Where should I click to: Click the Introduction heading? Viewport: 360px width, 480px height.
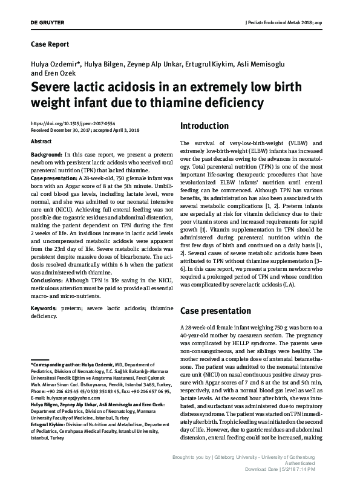click(x=204, y=126)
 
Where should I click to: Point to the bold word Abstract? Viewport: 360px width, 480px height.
click(x=41, y=140)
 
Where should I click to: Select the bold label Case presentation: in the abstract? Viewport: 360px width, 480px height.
click(x=54, y=180)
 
